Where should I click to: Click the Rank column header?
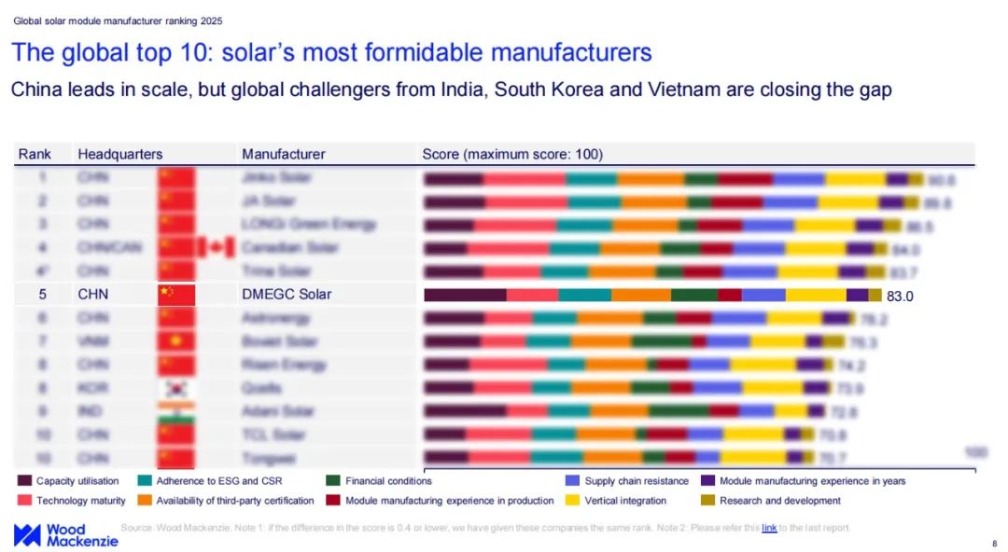coord(35,154)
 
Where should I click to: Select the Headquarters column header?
coord(119,154)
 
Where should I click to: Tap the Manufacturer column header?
coord(283,154)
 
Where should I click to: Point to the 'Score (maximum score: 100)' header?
coord(512,154)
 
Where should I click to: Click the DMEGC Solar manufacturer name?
coord(287,295)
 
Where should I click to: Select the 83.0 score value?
coord(900,296)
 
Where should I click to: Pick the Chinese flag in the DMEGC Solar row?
coord(176,295)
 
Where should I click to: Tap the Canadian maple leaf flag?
coord(217,247)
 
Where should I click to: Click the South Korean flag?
coord(176,388)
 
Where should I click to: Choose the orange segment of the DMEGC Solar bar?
coord(640,295)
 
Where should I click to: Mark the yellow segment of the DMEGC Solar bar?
coord(816,295)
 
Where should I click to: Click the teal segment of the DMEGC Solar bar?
coord(584,295)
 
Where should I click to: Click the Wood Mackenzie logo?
coord(65,535)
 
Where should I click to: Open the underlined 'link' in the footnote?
coord(769,528)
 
